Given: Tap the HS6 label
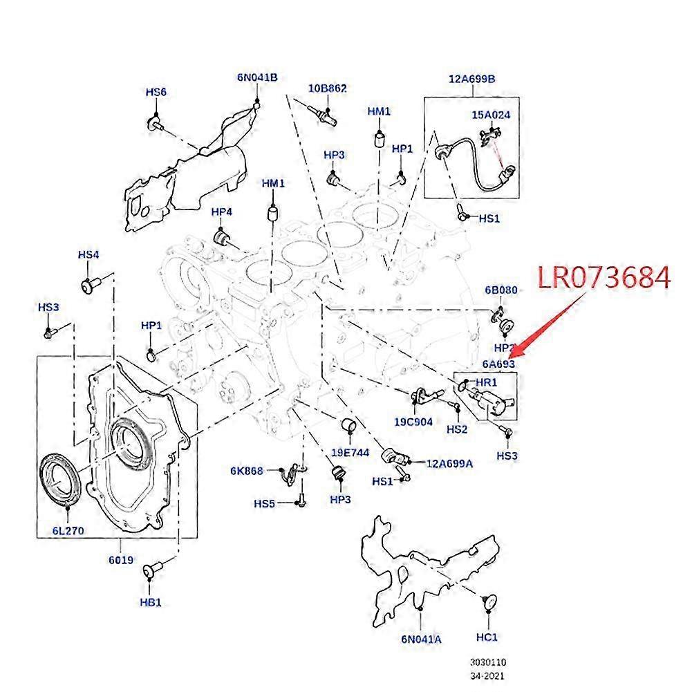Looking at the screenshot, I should pos(156,92).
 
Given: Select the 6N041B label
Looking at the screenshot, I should pos(256,77).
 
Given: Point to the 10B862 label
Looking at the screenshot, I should pos(327,88).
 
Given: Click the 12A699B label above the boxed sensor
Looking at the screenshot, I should pos(472,78).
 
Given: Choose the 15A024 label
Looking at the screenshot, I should pos(491,115).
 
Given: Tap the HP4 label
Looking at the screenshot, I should pos(221,211).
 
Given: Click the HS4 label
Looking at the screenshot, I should pos(88,255).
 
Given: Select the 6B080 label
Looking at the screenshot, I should pos(501,290).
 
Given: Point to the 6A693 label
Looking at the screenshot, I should pos(498,364).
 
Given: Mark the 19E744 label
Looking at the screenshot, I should pos(350,453).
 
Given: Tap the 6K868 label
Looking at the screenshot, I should pos(247,471).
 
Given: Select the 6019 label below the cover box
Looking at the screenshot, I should pos(120,559).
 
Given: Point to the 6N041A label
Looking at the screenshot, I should pos(421,639).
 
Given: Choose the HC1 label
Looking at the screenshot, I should pos(487,636).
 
